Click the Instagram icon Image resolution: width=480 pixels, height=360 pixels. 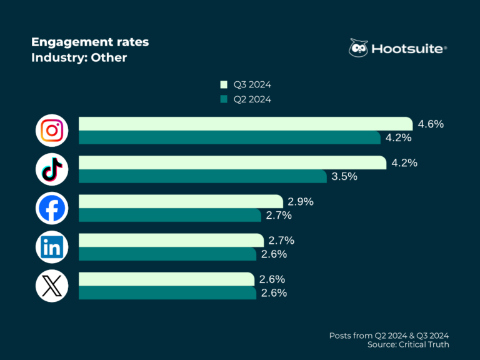tap(52, 130)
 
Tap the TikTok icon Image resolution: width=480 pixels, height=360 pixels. tap(52, 169)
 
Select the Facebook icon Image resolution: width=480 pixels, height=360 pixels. tap(52, 208)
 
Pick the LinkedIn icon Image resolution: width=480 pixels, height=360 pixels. tap(52, 247)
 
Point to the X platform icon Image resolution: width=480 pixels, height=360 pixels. tap(52, 286)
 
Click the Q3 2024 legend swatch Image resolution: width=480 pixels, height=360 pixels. tap(224, 84)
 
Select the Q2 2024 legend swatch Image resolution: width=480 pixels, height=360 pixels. tap(224, 99)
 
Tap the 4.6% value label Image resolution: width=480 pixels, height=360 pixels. tap(431, 124)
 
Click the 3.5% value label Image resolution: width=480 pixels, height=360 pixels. tap(344, 176)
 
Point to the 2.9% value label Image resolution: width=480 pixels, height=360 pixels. tap(300, 201)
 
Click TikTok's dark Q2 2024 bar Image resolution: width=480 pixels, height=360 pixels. tap(202, 176)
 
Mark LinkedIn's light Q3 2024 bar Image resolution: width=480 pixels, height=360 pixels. tap(171, 240)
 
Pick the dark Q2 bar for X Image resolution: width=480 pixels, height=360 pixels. tap(167, 292)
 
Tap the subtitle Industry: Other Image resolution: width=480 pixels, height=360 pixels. tap(79, 57)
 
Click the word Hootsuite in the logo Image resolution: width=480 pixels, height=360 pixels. tap(407, 49)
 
